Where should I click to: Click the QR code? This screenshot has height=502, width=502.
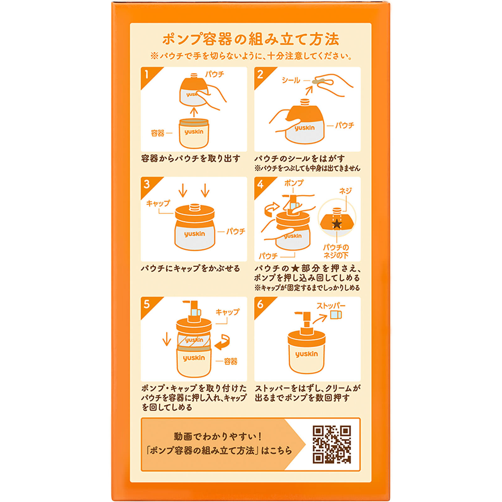tap(332, 444)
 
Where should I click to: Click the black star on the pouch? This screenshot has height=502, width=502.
tap(337, 224)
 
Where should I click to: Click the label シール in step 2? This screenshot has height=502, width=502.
tap(291, 80)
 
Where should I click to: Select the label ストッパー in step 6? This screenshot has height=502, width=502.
tap(331, 306)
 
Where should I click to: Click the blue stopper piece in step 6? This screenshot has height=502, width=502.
tap(336, 315)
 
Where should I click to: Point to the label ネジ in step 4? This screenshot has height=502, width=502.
tap(345, 190)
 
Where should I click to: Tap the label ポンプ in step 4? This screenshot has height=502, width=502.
tap(294, 183)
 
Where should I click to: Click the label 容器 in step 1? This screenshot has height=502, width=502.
tap(158, 133)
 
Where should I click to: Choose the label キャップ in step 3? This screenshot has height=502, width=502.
tap(158, 203)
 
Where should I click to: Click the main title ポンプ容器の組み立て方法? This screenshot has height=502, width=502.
tap(251, 40)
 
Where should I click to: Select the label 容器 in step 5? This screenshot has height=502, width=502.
tap(231, 361)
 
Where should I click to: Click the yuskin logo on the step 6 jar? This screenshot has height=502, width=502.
tap(307, 354)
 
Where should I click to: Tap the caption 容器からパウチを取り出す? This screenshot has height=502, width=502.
tap(190, 158)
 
